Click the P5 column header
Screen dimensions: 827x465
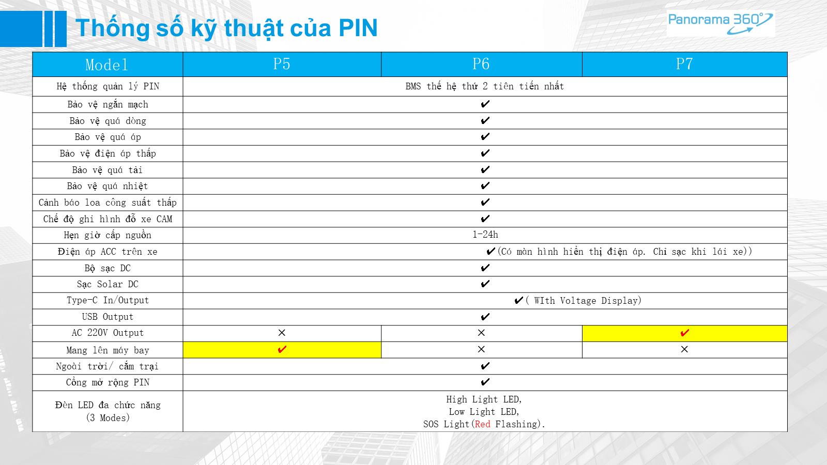[282, 64]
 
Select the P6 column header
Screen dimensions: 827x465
[481, 64]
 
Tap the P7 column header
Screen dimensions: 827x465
[684, 64]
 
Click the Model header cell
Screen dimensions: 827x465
[107, 65]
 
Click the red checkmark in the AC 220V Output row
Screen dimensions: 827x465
[684, 333]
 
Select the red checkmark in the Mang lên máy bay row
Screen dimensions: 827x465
[282, 349]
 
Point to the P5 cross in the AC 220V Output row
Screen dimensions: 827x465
[282, 333]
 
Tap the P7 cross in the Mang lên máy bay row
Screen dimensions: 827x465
[684, 349]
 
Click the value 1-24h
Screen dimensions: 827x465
[485, 235]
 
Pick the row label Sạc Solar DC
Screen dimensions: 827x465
[108, 284]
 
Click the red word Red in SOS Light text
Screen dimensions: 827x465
[483, 424]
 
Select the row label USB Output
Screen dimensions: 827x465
[108, 317]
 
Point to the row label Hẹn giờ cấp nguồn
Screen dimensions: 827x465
[108, 235]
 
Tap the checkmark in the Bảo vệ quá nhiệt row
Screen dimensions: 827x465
[485, 185]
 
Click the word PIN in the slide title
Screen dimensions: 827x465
[358, 28]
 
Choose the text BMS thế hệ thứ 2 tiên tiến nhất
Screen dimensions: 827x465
[485, 86]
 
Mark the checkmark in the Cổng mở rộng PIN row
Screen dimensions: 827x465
[485, 382]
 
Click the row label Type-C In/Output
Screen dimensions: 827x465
[108, 300]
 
